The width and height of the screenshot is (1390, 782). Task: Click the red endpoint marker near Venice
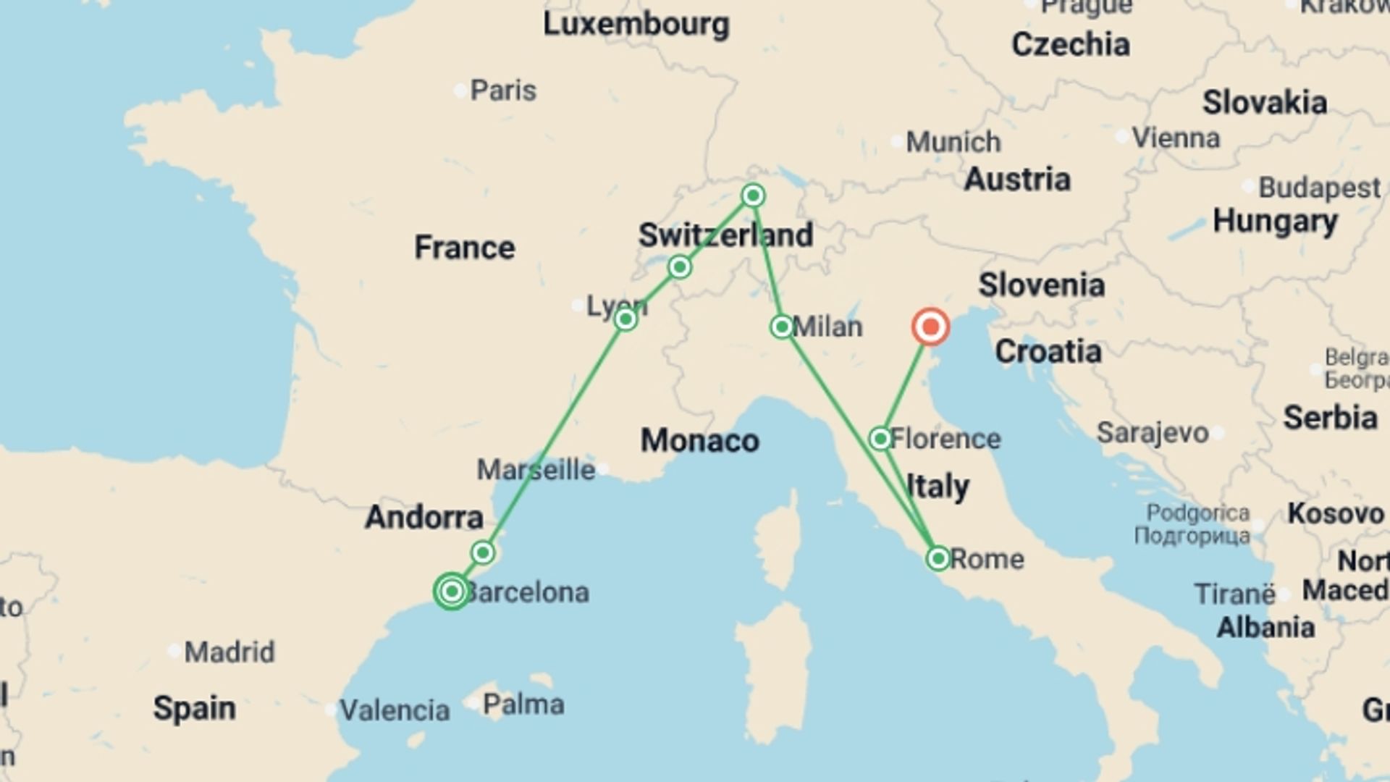930,327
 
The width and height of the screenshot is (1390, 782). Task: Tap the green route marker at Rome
938,558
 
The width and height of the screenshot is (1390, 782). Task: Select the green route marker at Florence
880,439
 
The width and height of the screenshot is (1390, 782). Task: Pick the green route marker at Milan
781,327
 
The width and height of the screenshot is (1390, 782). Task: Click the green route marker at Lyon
625,319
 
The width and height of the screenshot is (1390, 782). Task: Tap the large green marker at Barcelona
452,592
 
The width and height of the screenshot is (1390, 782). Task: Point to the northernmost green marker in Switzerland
753,195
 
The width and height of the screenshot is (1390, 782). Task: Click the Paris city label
503,91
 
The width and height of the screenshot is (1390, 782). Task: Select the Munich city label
953,142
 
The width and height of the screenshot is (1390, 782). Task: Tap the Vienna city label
1176,138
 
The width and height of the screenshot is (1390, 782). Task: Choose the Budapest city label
1319,188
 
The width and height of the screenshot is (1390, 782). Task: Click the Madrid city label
229,652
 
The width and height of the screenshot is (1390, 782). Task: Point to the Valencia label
395,710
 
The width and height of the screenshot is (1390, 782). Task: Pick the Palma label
523,704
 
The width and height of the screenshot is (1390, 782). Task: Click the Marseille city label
536,470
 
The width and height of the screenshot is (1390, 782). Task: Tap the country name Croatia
1048,352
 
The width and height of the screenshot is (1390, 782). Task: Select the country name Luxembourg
636,24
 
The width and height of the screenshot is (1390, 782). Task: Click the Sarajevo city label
1153,433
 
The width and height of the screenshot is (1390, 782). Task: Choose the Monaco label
699,440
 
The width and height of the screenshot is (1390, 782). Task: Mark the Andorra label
424,517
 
